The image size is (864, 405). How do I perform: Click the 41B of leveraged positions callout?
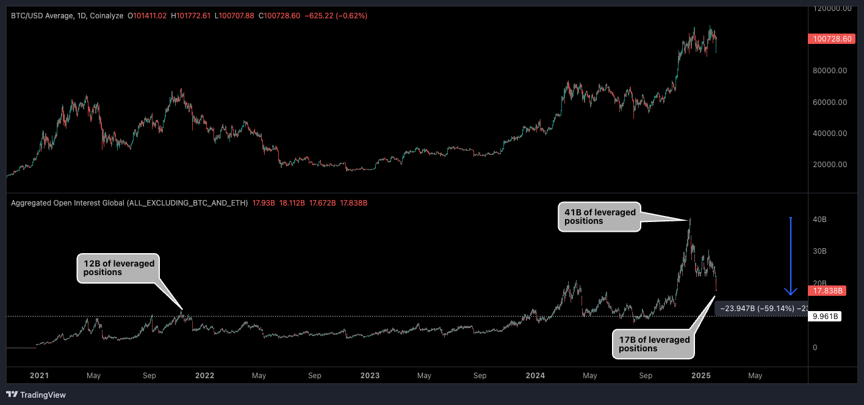tap(599, 217)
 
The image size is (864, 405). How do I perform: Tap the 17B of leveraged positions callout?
tap(653, 344)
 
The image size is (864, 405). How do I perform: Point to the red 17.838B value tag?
tap(826, 291)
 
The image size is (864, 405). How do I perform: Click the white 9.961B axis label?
tap(826, 317)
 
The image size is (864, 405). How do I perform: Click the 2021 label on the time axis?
tap(38, 376)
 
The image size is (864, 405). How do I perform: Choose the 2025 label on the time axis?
tap(700, 376)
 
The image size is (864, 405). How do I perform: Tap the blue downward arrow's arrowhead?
tap(791, 291)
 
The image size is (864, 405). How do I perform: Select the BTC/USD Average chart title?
tap(67, 15)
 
